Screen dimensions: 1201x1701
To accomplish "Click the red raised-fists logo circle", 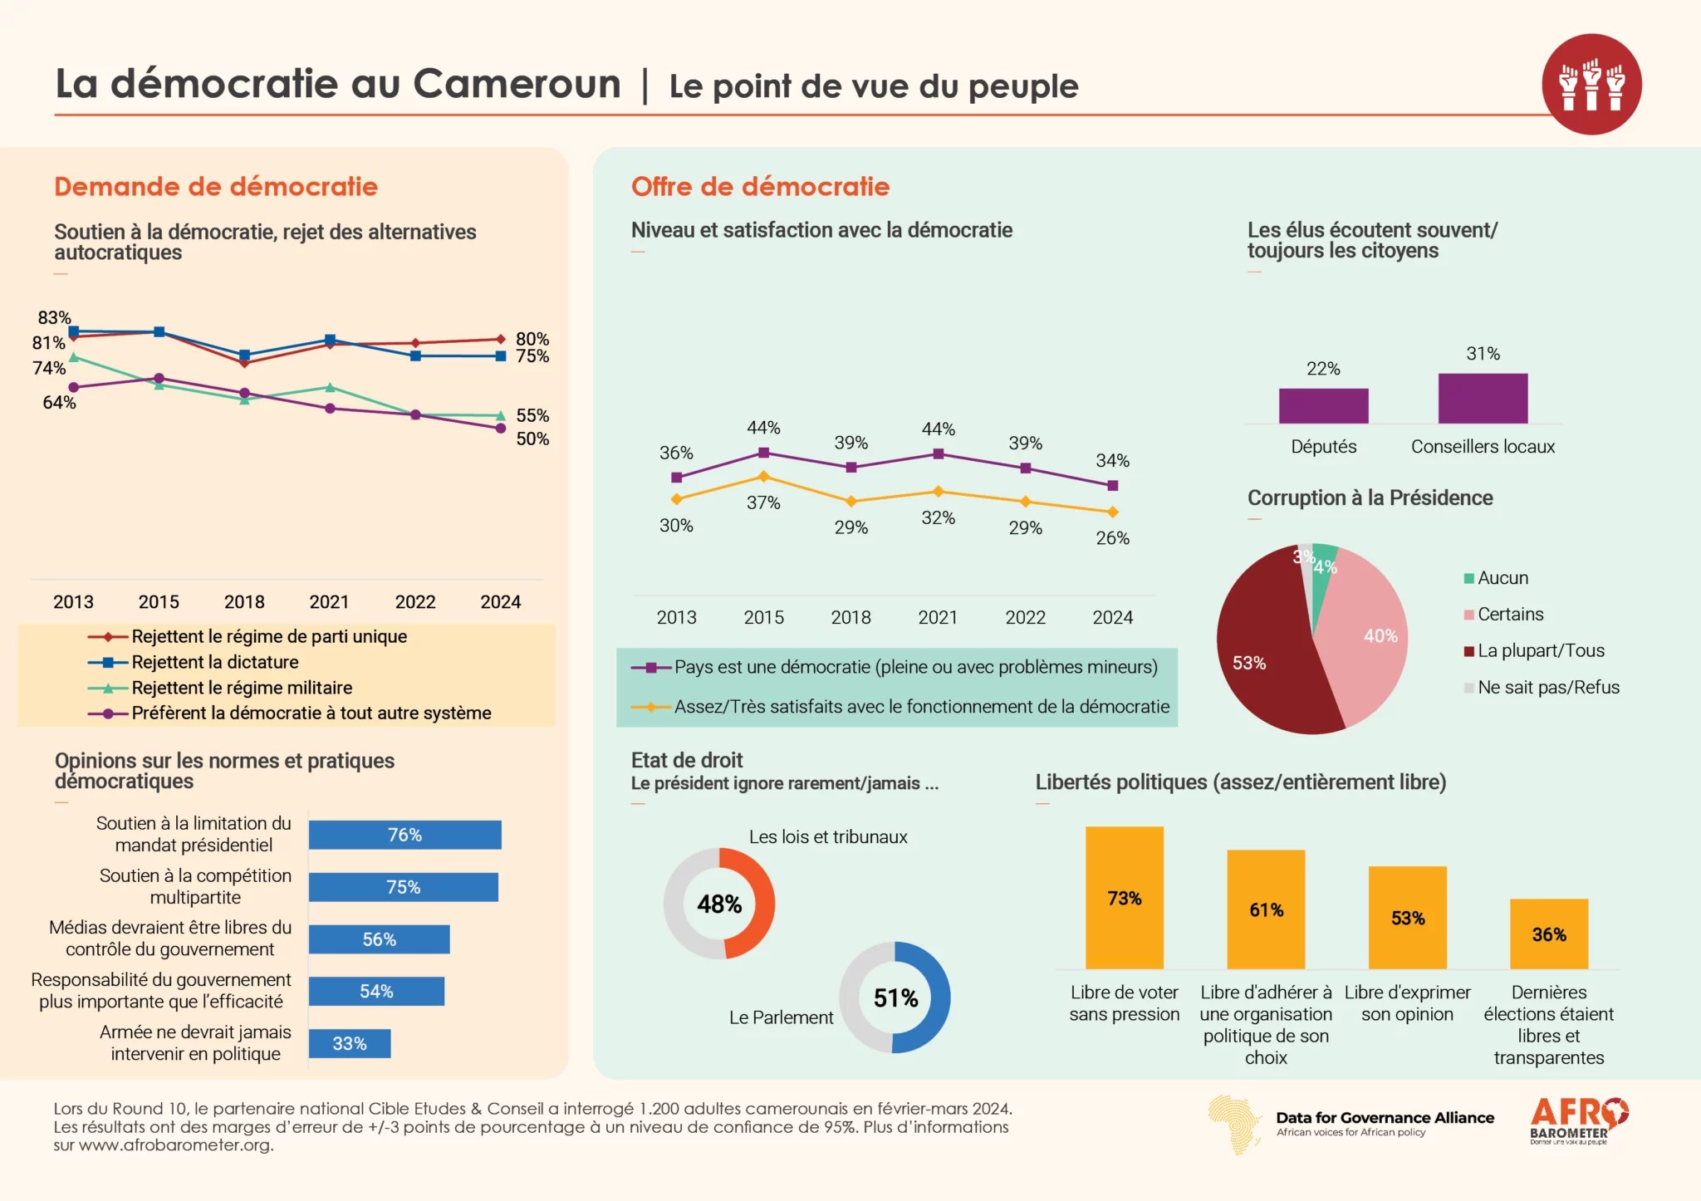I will tap(1591, 84).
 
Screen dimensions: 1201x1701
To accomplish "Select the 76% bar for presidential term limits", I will tap(404, 835).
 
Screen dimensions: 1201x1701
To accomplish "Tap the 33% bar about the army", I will tap(350, 1043).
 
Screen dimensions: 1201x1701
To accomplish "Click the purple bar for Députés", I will tap(1323, 405).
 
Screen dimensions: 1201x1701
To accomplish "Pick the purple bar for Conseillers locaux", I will tap(1483, 398).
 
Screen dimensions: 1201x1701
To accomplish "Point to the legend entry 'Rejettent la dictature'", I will tap(214, 662).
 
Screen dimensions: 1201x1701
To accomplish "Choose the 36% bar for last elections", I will tap(1549, 934).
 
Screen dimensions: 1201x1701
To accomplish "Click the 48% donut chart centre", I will tap(719, 904).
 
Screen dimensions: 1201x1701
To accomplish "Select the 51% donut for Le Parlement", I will tap(895, 998).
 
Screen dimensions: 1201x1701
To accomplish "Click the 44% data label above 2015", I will tap(763, 428).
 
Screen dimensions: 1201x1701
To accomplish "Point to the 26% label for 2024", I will tap(1112, 538).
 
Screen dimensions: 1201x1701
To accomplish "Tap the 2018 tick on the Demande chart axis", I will tap(244, 602).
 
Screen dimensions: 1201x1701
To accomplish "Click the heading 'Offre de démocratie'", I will tap(760, 187).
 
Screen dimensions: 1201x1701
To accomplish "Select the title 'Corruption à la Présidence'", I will tap(1370, 498).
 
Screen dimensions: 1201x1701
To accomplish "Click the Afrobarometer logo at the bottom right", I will tap(1579, 1121).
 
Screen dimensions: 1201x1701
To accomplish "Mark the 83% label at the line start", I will tap(55, 317).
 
